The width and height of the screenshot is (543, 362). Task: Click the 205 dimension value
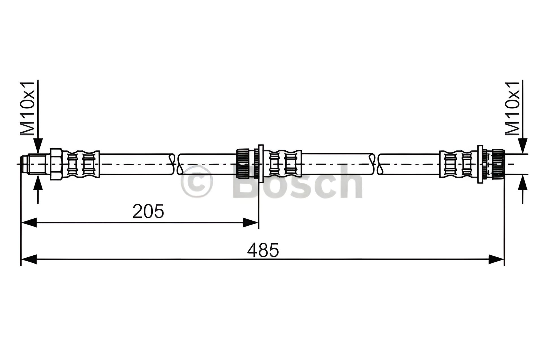(148, 211)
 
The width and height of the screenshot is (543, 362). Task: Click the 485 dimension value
(263, 250)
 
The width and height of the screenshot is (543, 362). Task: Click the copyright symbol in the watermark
(197, 182)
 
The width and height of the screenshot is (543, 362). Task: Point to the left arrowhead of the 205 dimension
(29, 223)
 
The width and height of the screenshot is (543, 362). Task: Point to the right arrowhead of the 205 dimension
(250, 223)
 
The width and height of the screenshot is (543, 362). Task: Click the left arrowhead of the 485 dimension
(29, 259)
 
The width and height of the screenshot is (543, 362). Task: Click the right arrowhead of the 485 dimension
(496, 259)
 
